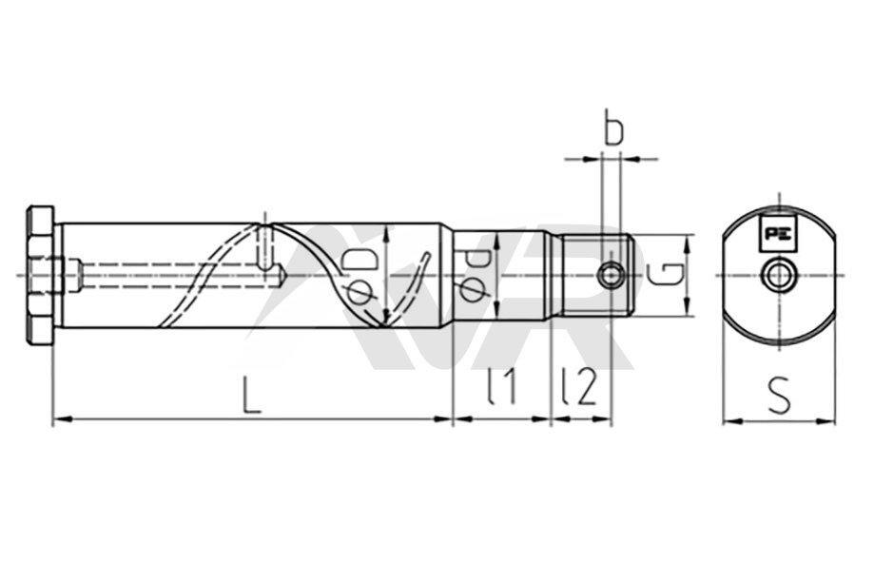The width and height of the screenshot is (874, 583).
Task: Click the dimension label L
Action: (252, 394)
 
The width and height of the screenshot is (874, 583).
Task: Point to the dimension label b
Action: (613, 127)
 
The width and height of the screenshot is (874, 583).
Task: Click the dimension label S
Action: (779, 395)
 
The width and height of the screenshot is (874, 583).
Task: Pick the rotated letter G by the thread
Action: (667, 275)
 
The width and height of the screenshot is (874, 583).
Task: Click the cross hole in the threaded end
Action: (611, 275)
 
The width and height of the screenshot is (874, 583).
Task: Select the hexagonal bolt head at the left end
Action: (40, 276)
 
